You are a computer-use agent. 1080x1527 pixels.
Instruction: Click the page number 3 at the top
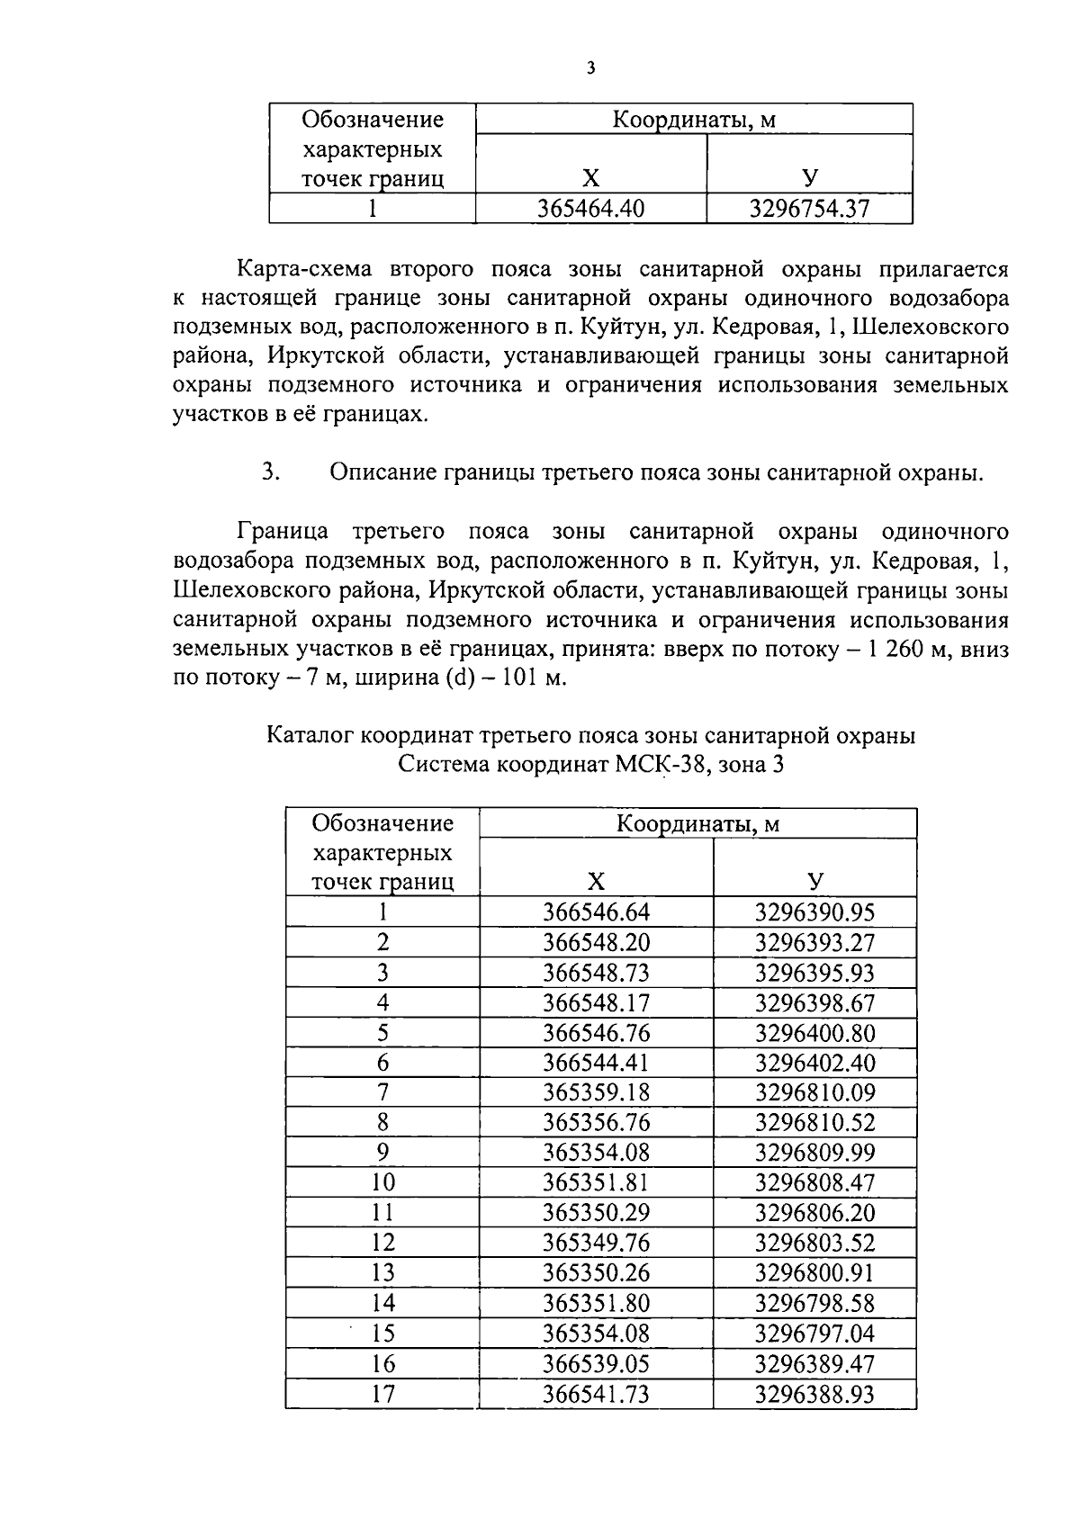coord(589,68)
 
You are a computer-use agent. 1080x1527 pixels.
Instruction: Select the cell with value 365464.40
coord(590,210)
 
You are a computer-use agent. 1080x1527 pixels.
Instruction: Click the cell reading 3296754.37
coord(809,210)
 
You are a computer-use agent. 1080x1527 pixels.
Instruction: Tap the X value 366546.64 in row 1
coord(596,912)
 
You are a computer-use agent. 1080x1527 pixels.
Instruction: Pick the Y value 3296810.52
coord(814,1123)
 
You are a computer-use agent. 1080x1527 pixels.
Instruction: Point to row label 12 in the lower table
coord(382,1243)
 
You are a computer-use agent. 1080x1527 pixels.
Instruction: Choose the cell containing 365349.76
coord(596,1243)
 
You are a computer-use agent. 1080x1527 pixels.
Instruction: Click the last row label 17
coord(382,1394)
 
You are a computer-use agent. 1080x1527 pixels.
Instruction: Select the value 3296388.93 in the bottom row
coord(814,1394)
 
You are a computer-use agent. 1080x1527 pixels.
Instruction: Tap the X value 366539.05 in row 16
coord(596,1363)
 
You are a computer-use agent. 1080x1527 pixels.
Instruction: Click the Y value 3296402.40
coord(814,1063)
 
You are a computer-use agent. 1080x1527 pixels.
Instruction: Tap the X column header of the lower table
coord(596,881)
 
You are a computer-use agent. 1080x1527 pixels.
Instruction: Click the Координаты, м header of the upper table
coord(694,120)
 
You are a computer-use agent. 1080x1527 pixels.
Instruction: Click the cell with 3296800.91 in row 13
coord(814,1273)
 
